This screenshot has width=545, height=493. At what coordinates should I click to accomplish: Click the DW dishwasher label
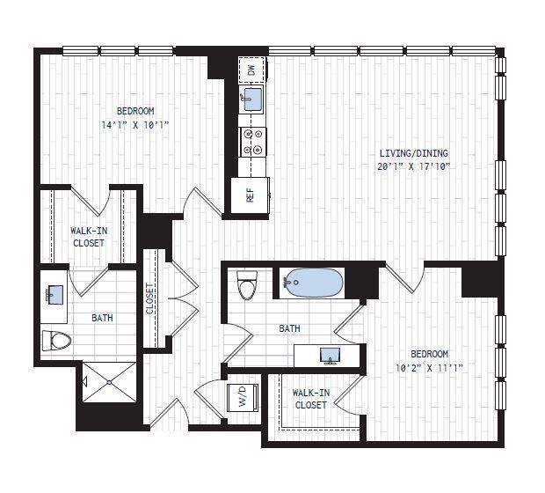[251, 69]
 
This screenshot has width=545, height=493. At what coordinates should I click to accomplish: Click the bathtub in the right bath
[312, 283]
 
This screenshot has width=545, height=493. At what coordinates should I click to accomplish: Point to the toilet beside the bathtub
[249, 285]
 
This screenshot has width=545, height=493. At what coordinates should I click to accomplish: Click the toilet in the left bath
[57, 340]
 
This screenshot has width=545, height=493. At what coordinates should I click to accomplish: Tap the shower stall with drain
[110, 382]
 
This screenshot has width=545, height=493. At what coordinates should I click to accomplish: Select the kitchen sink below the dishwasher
[251, 99]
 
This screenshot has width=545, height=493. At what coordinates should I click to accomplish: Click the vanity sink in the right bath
[330, 355]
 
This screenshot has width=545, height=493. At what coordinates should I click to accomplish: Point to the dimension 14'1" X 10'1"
[134, 125]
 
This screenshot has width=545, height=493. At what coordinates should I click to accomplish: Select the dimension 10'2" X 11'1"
[428, 366]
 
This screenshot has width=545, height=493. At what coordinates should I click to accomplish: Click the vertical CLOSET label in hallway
[150, 298]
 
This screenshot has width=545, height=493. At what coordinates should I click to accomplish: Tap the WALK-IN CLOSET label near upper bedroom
[88, 237]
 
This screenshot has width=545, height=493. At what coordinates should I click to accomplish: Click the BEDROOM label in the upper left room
[135, 111]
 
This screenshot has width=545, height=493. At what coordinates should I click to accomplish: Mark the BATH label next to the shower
[101, 318]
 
